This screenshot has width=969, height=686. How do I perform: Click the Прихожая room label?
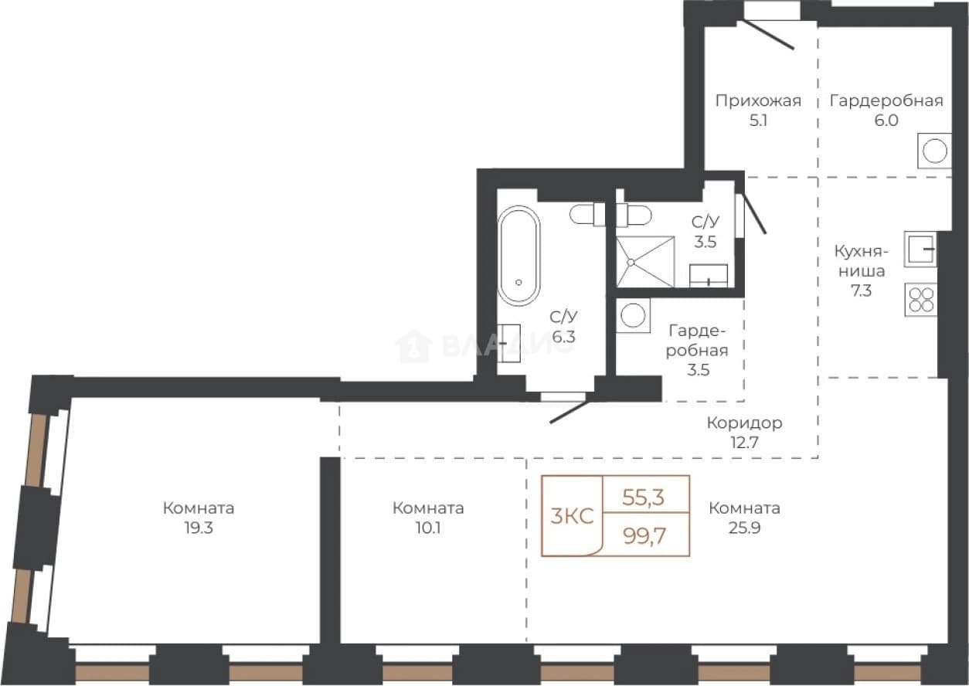[758, 101]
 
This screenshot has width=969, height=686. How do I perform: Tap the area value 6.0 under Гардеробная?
[886, 121]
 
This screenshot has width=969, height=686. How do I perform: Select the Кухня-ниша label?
[861, 261]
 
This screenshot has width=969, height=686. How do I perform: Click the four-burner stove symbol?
[920, 299]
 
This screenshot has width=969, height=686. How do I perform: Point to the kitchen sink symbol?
[920, 250]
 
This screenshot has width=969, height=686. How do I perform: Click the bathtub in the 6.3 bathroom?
[518, 256]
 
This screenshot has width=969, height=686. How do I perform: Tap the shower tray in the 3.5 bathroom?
[645, 262]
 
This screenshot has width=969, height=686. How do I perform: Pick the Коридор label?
[744, 423]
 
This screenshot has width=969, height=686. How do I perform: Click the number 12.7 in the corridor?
[744, 443]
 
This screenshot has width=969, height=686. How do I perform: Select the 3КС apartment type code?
[572, 516]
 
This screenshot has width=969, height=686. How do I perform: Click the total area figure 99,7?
[644, 537]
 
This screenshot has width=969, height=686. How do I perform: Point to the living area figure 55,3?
[643, 498]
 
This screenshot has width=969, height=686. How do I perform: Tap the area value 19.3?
[199, 528]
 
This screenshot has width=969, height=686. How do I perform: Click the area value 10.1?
[428, 528]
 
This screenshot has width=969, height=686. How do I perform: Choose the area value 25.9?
[744, 528]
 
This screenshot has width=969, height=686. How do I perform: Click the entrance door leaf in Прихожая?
[769, 34]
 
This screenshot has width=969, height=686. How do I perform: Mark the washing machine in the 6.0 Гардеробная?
[935, 151]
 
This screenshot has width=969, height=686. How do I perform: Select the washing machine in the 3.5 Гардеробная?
[633, 315]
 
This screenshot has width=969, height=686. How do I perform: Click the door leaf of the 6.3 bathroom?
[569, 413]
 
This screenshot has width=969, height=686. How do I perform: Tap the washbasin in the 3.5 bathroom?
[709, 276]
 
